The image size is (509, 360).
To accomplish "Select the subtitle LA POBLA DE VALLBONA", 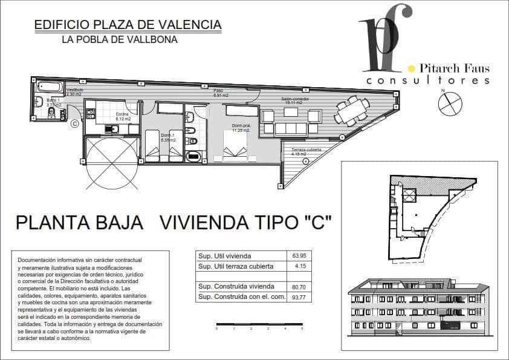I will [120, 40].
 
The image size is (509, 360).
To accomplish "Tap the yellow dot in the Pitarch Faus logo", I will [412, 68].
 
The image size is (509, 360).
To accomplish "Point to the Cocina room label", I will [122, 114].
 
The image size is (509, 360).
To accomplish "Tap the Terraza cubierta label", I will [306, 149].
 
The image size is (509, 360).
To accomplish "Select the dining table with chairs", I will [352, 111].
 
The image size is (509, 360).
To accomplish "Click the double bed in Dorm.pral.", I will [235, 146].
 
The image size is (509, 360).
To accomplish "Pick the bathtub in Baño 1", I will [50, 87].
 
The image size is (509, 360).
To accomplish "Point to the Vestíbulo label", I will [75, 90].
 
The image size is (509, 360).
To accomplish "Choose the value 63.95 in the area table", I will [299, 256].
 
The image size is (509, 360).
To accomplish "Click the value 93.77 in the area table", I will [299, 296].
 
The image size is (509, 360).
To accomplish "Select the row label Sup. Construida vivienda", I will [236, 286].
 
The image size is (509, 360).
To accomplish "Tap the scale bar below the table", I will [259, 325].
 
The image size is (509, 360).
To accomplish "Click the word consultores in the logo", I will [427, 80].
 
